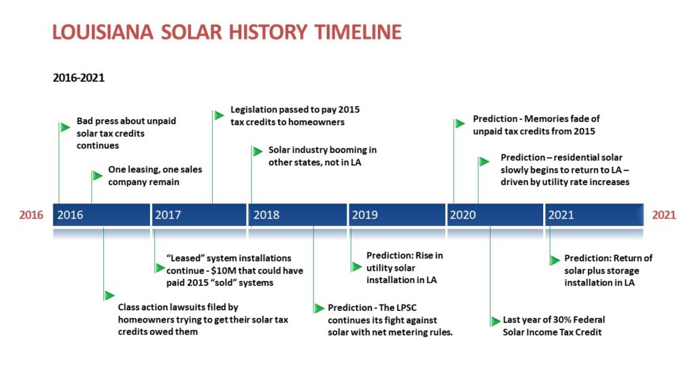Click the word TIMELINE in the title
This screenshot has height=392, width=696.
pyautogui.click(x=358, y=32)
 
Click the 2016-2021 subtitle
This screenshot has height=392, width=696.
pyautogui.click(x=79, y=78)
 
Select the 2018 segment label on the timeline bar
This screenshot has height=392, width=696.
pyautogui.click(x=266, y=215)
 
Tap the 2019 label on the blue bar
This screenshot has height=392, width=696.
pyautogui.click(x=365, y=215)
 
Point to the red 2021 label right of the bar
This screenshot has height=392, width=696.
pyautogui.click(x=663, y=215)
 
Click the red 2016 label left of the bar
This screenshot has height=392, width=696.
pyautogui.click(x=31, y=215)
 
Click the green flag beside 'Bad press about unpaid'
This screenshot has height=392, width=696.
pyautogui.click(x=65, y=127)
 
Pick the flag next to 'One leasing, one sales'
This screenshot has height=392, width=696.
pyautogui.click(x=97, y=176)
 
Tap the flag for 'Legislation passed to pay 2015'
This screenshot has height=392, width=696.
pyautogui.click(x=219, y=116)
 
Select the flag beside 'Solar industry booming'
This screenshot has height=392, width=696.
pyautogui.click(x=258, y=152)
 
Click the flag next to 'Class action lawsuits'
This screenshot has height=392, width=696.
pyautogui.click(x=109, y=295)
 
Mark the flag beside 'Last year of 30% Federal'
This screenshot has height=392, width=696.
pyautogui.click(x=495, y=321)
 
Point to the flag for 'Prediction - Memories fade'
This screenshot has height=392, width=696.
pyautogui.click(x=460, y=124)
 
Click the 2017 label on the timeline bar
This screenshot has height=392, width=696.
pyautogui.click(x=168, y=215)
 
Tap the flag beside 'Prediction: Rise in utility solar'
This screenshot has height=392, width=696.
pyautogui.click(x=357, y=267)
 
